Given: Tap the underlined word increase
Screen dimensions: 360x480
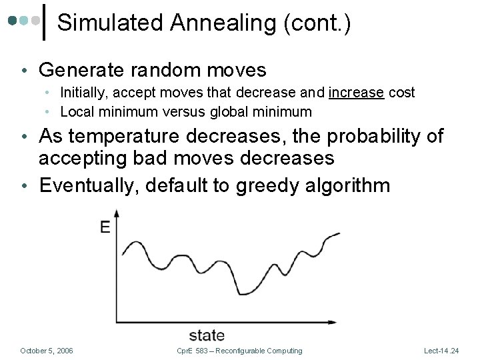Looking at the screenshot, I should point(356,93).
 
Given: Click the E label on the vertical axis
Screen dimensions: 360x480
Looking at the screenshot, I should point(105,227).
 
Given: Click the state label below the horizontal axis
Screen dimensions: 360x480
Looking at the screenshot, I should point(207,335).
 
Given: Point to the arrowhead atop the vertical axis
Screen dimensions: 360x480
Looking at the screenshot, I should point(118,213).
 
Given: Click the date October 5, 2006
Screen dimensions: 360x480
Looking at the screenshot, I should point(47,351).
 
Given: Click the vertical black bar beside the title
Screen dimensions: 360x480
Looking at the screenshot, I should point(44,21).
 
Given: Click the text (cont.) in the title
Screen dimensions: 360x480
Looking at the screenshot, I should point(317,23).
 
